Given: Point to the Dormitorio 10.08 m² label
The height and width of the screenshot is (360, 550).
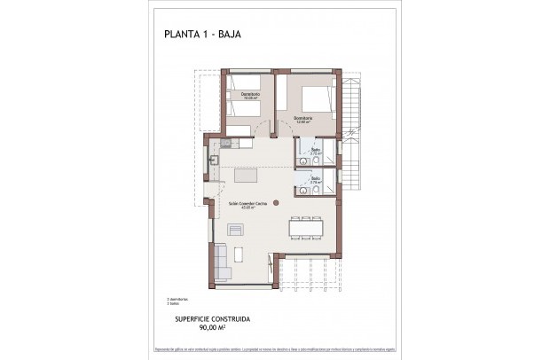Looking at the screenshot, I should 249,97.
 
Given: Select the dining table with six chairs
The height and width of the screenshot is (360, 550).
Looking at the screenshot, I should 305,229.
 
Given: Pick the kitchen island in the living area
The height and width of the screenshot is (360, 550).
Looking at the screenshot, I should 251,175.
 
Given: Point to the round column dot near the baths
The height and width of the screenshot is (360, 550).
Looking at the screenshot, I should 298,190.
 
